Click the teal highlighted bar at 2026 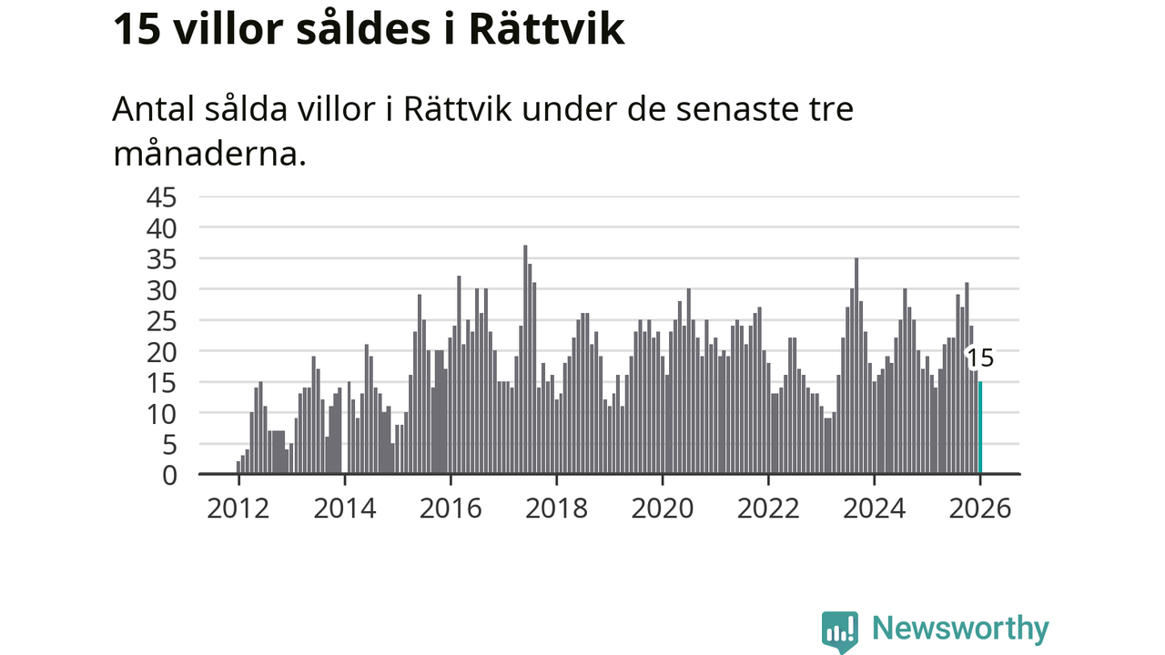[980, 428]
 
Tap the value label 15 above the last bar [980, 358]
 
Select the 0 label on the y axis [168, 475]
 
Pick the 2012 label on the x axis [238, 509]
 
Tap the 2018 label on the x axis [556, 509]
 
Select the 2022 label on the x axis [768, 509]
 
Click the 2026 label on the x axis [980, 509]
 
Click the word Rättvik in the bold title [546, 29]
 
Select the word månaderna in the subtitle [208, 154]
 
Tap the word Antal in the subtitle [151, 110]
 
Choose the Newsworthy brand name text [960, 629]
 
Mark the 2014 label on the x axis [344, 509]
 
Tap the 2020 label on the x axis [663, 509]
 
